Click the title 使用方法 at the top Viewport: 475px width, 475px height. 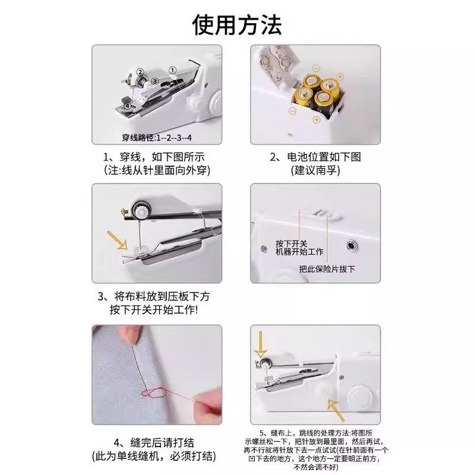coord(237,25)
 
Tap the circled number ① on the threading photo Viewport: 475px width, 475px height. coord(172,71)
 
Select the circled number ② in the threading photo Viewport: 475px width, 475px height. coord(140,72)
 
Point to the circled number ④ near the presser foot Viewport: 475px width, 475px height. coord(128,106)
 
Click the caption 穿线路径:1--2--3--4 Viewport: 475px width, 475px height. coord(157,138)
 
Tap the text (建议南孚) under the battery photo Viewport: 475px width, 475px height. coord(315,170)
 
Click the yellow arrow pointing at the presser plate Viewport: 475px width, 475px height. coord(117,240)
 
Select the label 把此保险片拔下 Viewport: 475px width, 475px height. coord(327,269)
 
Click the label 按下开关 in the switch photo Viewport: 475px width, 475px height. coord(291,244)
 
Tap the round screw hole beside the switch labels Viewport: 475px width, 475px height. coord(351,245)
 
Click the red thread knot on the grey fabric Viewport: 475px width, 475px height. coord(154,393)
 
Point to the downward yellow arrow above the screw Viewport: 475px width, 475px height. coord(260,345)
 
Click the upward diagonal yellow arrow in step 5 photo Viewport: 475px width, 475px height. coord(336,410)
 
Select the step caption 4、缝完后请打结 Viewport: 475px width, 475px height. coord(154,443)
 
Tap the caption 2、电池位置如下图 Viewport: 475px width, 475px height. coord(315,157)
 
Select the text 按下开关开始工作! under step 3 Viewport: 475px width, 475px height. coord(154,309)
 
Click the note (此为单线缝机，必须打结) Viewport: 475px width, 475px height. coord(154,456)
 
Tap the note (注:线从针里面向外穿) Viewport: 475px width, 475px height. coord(157,170)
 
